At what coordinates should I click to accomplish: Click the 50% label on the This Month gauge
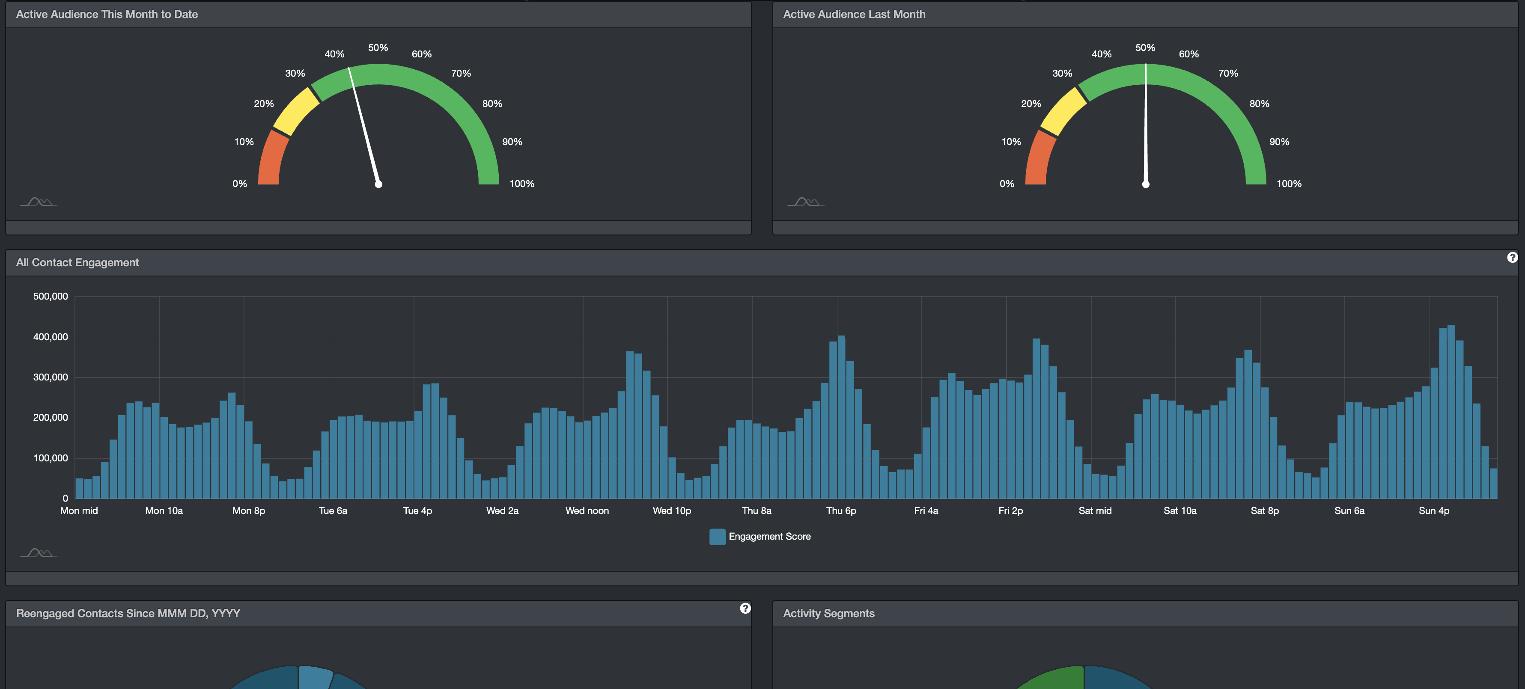[378, 48]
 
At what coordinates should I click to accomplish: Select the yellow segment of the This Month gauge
[296, 112]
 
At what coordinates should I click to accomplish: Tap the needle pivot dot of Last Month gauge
[1146, 184]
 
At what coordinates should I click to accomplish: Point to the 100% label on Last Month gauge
[1289, 184]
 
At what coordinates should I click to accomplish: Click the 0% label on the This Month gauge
[239, 184]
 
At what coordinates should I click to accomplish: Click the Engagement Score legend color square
[717, 536]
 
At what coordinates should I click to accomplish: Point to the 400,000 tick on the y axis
[51, 337]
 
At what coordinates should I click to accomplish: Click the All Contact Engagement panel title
[77, 263]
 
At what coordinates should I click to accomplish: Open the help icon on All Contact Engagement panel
[1512, 258]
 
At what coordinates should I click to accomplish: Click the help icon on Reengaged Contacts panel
[745, 609]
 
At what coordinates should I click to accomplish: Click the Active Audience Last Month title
[854, 14]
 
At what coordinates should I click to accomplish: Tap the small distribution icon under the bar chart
[39, 553]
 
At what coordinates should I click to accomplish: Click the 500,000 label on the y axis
[51, 297]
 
